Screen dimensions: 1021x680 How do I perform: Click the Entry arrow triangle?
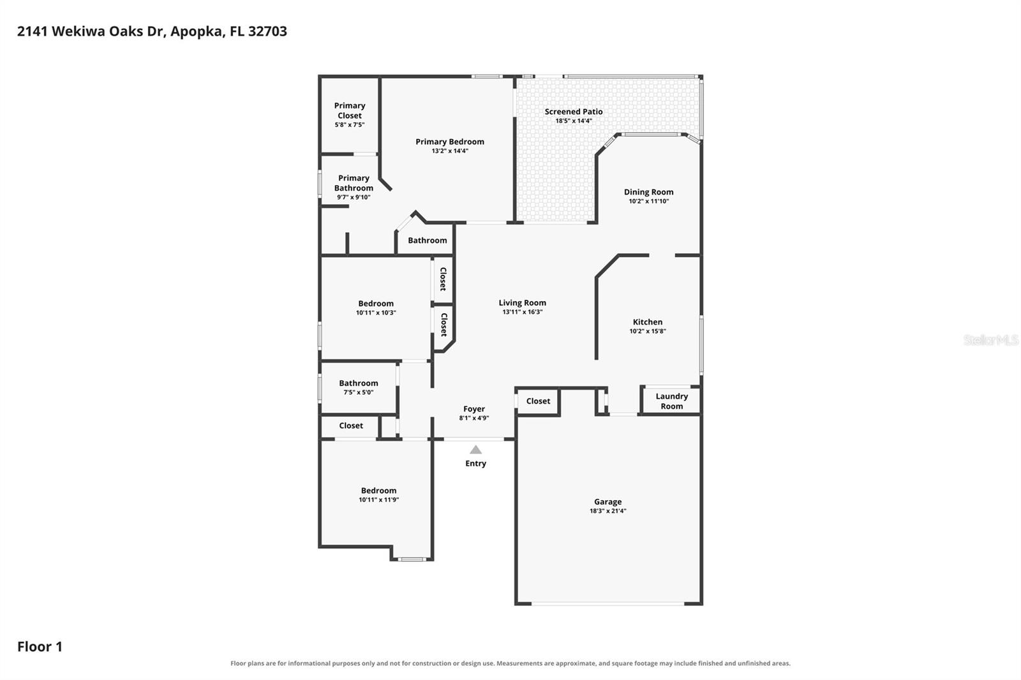pyautogui.click(x=475, y=450)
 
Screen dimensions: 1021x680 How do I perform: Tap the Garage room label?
pyautogui.click(x=607, y=502)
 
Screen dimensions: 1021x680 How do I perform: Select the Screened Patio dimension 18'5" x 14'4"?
pyautogui.click(x=574, y=121)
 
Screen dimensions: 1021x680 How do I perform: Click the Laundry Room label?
pyautogui.click(x=671, y=401)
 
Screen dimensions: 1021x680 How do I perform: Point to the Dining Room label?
pyautogui.click(x=648, y=192)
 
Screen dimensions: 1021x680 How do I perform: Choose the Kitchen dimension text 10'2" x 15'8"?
pyautogui.click(x=647, y=331)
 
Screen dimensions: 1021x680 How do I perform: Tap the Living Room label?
pyautogui.click(x=522, y=302)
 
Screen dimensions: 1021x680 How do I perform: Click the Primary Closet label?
pyautogui.click(x=350, y=110)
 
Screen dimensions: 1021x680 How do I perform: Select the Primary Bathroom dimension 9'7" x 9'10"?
pyautogui.click(x=354, y=197)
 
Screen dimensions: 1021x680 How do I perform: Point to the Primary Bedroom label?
pyautogui.click(x=449, y=142)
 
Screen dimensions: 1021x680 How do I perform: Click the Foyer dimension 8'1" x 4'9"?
pyautogui.click(x=473, y=418)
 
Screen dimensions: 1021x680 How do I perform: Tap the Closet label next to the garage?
pyautogui.click(x=538, y=401)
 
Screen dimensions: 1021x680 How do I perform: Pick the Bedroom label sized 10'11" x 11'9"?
pyautogui.click(x=378, y=491)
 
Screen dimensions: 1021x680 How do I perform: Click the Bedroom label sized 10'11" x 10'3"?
pyautogui.click(x=376, y=304)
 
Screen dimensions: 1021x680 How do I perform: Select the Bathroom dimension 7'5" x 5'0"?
pyautogui.click(x=358, y=392)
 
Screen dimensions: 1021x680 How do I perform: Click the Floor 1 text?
pyautogui.click(x=40, y=647)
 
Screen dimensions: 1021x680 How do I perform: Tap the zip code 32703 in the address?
pyautogui.click(x=267, y=31)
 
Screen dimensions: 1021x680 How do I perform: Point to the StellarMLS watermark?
pyautogui.click(x=990, y=339)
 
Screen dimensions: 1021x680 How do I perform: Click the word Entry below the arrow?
pyautogui.click(x=475, y=464)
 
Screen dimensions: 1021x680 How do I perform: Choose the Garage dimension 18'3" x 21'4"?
pyautogui.click(x=607, y=511)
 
